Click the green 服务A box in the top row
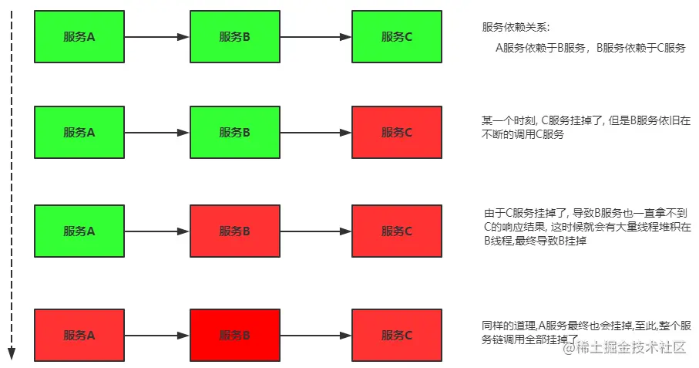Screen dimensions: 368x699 point(79,36)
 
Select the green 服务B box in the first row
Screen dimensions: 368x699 point(234,36)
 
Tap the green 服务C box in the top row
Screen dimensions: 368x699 point(396,36)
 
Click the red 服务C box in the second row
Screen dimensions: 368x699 point(396,132)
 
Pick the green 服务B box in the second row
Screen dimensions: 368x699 point(234,132)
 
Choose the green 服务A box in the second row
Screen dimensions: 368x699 point(79,132)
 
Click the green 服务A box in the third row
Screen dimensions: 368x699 point(79,231)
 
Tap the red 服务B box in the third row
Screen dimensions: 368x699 point(234,231)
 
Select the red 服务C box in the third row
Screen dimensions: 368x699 point(396,231)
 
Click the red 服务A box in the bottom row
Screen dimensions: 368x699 point(79,335)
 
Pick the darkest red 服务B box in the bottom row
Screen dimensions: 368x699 point(234,335)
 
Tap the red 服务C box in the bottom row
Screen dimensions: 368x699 point(396,335)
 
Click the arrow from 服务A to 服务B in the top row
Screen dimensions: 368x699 point(157,36)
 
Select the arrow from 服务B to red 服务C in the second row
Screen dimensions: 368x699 point(315,132)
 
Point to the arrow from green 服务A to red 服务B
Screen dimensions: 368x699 point(157,231)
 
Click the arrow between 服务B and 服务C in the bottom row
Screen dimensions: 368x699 point(315,335)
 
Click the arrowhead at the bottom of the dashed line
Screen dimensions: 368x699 point(12,354)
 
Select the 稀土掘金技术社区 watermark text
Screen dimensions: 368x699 point(630,348)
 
